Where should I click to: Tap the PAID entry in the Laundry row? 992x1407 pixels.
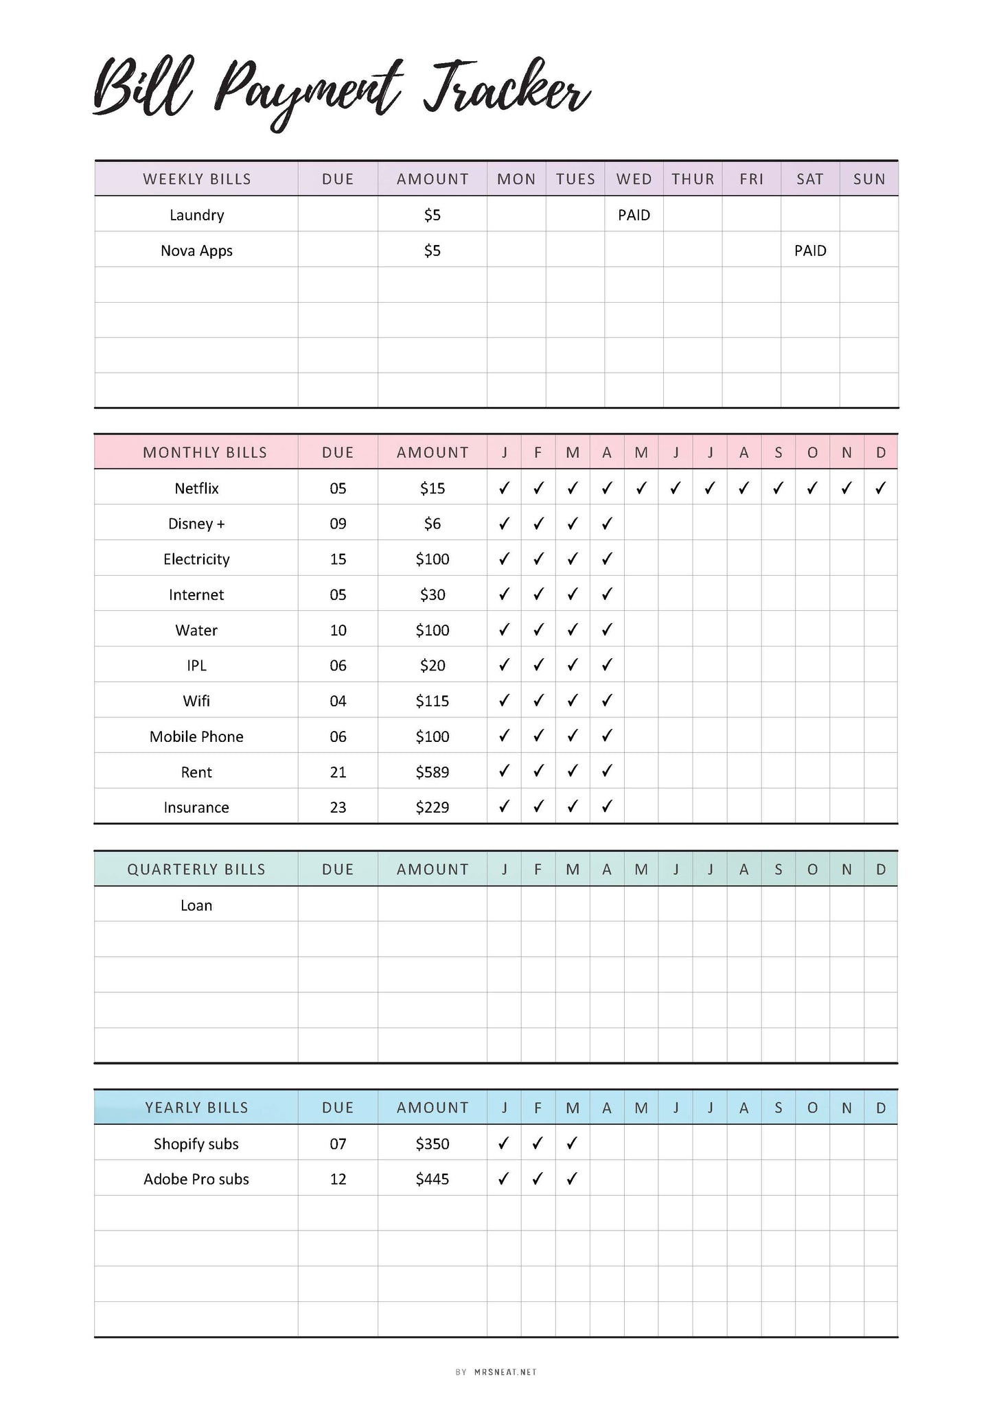tap(634, 216)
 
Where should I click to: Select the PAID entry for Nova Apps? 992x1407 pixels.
tap(810, 251)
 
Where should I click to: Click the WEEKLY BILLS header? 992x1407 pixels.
tap(197, 179)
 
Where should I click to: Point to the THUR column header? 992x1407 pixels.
tap(693, 179)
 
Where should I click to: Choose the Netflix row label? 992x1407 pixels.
tap(196, 489)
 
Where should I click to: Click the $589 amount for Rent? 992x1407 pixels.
tap(432, 772)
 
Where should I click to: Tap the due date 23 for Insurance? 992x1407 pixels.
tap(338, 808)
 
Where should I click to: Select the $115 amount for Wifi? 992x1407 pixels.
tap(432, 701)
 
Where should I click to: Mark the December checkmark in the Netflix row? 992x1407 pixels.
tap(881, 488)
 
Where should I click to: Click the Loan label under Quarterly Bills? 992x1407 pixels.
tap(196, 905)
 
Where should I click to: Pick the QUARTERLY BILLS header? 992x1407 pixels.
tap(196, 870)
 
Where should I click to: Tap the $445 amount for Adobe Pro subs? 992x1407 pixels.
tap(432, 1179)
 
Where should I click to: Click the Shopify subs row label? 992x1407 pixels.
tap(196, 1144)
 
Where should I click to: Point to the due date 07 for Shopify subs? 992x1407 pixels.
tap(338, 1144)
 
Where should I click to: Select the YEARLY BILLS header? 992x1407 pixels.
tap(196, 1108)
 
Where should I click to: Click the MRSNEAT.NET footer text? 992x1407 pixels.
tap(505, 1372)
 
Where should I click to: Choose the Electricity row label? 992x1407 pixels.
tap(196, 559)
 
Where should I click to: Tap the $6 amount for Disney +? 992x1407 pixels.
tap(432, 524)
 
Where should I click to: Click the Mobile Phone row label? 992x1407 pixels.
tap(196, 737)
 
